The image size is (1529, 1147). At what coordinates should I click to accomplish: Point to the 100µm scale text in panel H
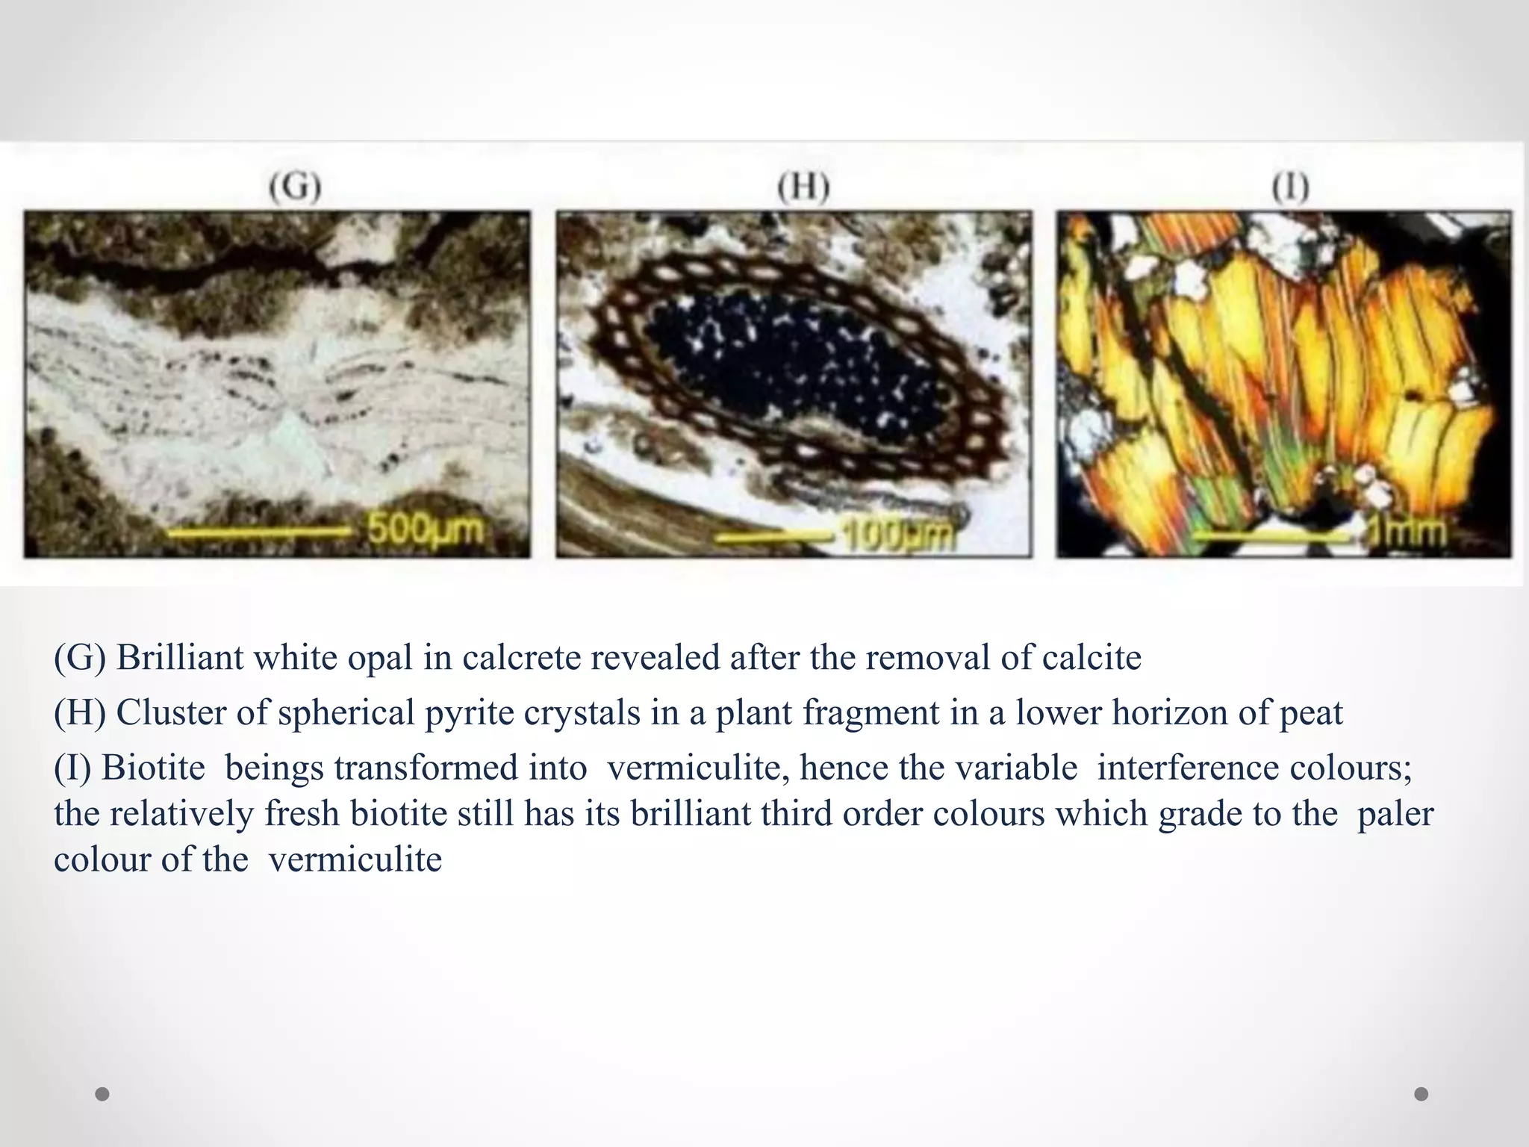(899, 535)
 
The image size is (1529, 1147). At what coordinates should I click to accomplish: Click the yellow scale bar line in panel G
(258, 532)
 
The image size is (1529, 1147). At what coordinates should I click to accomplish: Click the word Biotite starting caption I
(153, 768)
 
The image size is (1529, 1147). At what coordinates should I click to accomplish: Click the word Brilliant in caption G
(180, 658)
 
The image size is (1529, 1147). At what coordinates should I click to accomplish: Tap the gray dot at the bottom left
(103, 1094)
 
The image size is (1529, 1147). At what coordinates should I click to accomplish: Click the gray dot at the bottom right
(1421, 1094)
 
